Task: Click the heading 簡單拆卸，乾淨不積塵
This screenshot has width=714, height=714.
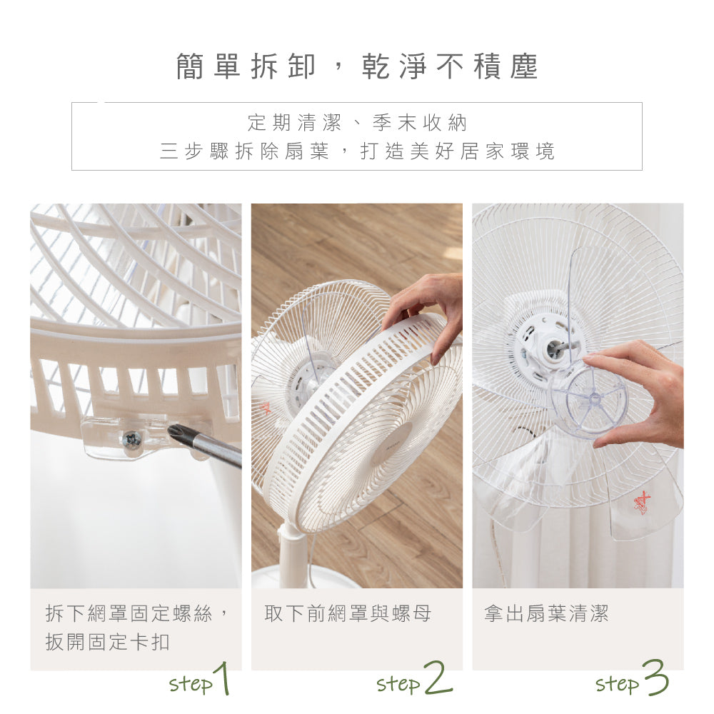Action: (x=357, y=66)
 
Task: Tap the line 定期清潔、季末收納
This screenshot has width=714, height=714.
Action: (x=357, y=123)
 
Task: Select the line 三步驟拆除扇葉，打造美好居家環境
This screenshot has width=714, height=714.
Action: (x=357, y=151)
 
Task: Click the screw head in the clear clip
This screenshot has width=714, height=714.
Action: (x=131, y=440)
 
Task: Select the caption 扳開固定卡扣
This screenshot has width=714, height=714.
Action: (x=107, y=641)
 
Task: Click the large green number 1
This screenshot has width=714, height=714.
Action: (x=223, y=679)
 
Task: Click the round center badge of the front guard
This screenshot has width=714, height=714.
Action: (x=391, y=445)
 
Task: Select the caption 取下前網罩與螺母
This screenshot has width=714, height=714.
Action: (x=348, y=613)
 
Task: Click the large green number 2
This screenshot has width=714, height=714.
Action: (x=437, y=678)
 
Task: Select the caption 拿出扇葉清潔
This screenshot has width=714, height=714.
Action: (x=546, y=613)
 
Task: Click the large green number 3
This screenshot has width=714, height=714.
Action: (x=655, y=678)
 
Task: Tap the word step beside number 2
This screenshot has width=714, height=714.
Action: (x=398, y=684)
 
